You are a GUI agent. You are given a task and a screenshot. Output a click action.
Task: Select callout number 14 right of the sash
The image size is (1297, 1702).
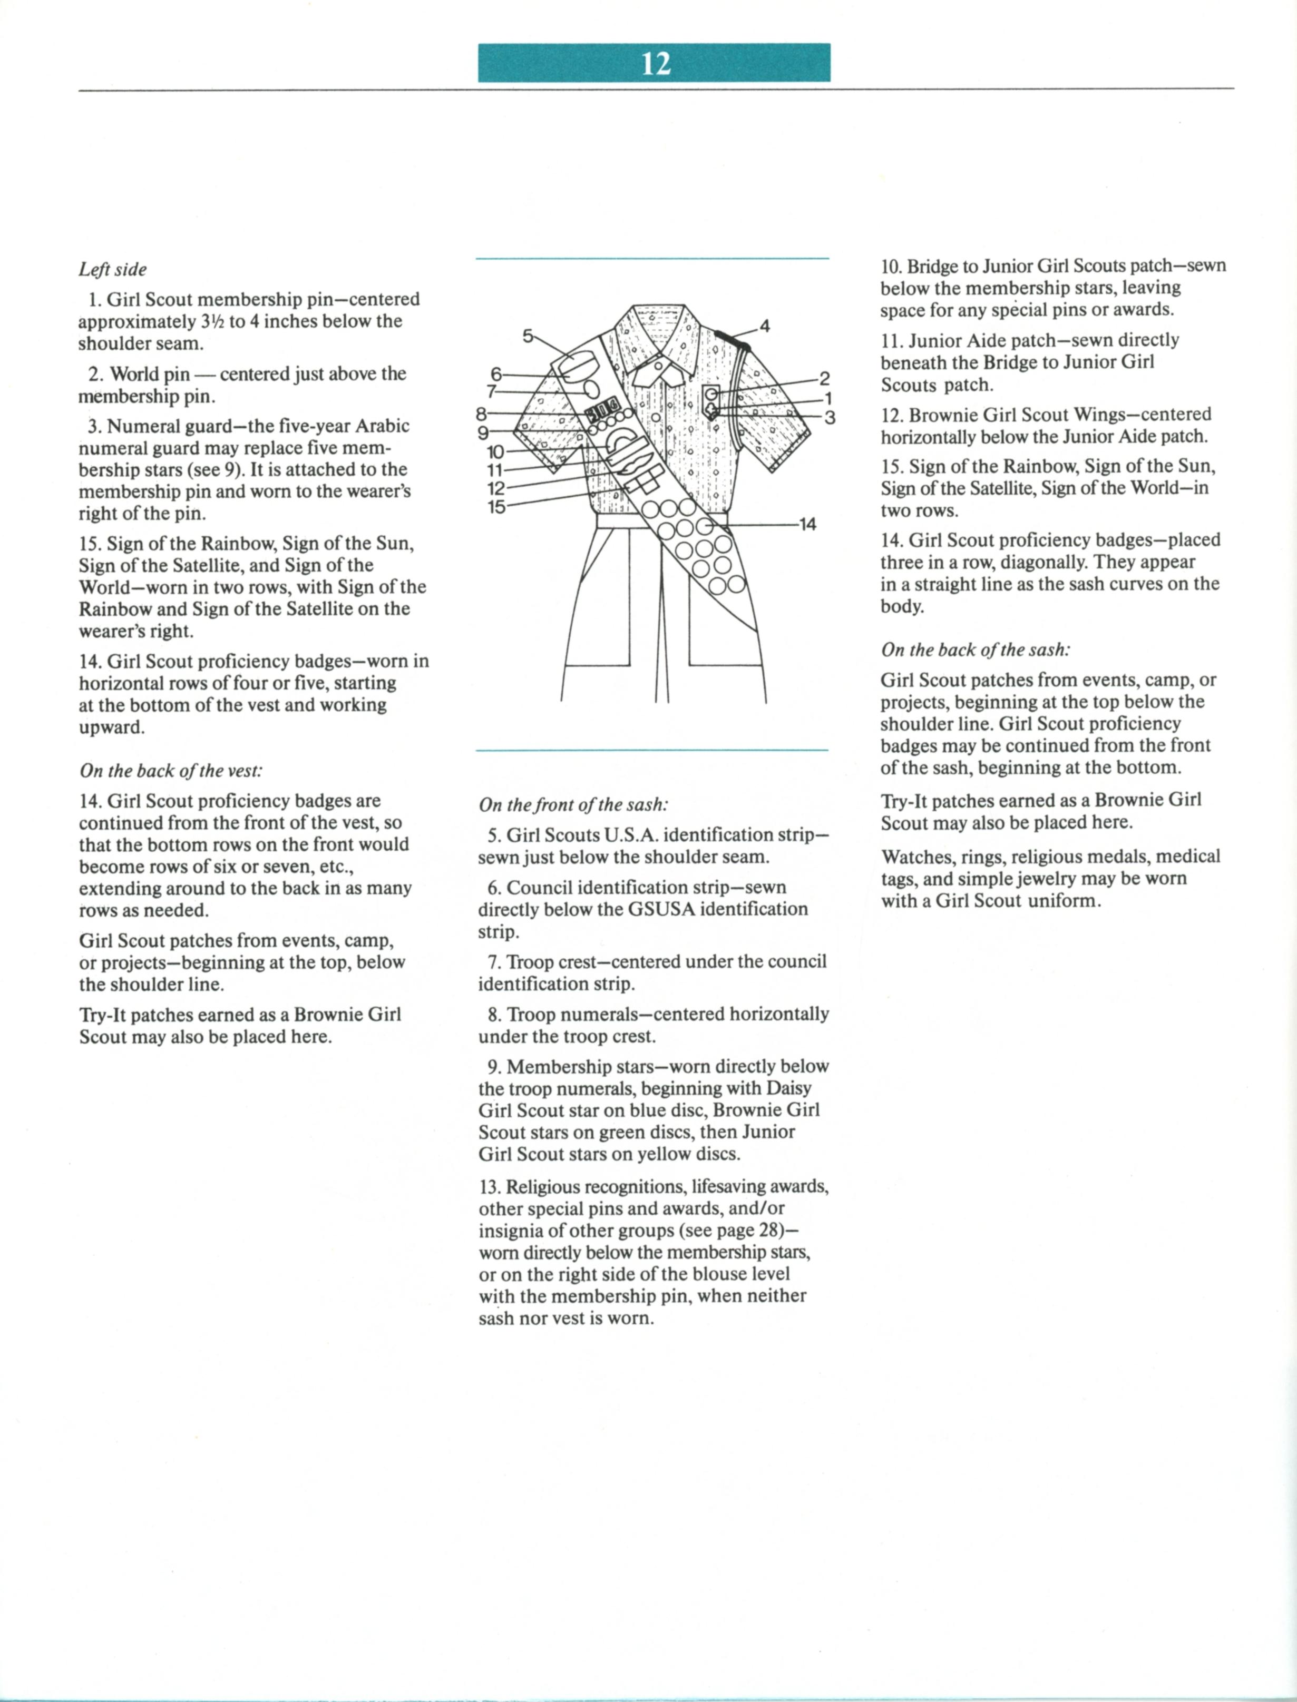click(807, 525)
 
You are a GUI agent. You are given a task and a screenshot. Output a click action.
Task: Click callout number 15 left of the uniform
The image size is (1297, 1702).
click(496, 507)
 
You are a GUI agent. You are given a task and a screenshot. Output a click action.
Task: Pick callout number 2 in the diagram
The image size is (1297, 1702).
click(824, 378)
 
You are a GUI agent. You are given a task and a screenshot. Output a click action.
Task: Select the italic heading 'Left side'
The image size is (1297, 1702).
click(113, 269)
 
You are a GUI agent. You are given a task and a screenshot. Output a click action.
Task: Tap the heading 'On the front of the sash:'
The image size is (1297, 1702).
click(573, 805)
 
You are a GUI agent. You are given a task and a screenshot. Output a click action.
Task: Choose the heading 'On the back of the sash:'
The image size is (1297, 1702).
click(975, 650)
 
